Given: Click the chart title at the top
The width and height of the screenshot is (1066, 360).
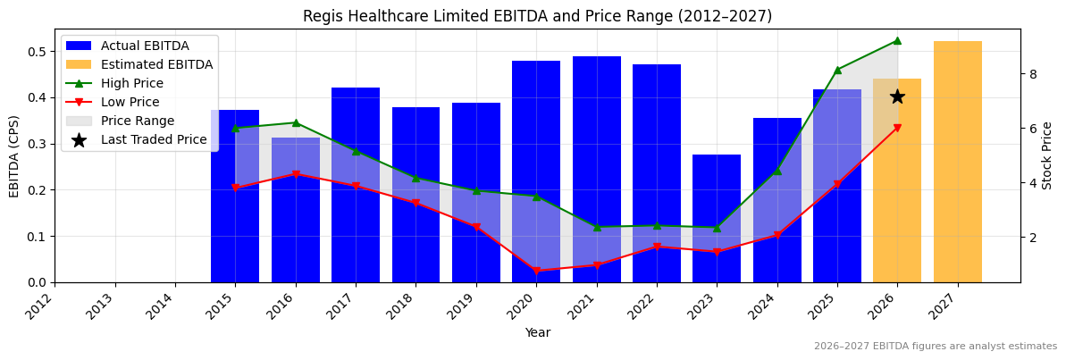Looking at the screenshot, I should pos(537,16).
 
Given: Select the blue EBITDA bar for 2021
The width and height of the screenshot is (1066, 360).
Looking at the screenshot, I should pos(597,170).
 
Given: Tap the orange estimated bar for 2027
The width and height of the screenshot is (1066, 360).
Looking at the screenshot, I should pos(957,162).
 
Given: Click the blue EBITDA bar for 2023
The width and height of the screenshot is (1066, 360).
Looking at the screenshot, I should pos(717,219).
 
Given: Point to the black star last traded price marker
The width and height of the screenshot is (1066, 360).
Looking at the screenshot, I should pos(897,96).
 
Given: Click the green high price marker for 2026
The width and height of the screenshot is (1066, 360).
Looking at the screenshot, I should pos(897,40).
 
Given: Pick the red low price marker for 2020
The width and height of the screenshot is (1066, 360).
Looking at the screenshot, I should pos(536,271).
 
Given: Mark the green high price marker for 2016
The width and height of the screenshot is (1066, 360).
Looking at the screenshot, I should pos(296,122).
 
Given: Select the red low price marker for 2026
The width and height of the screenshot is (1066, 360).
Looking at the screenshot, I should pos(897,128).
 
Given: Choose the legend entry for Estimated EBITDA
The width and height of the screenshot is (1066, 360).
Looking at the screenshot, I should pos(156,64).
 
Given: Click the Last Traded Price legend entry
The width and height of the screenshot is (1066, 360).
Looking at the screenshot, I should pos(154,139).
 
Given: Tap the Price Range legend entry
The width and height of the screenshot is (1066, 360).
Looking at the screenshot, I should pos(138,121).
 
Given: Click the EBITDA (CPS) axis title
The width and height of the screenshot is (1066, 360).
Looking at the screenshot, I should pos(14,155).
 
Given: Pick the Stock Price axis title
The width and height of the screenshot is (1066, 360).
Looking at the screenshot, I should pos(1047,155).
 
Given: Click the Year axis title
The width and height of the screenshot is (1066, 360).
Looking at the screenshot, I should pos(537,332).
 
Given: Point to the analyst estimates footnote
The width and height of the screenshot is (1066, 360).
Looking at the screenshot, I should pos(935,347).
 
